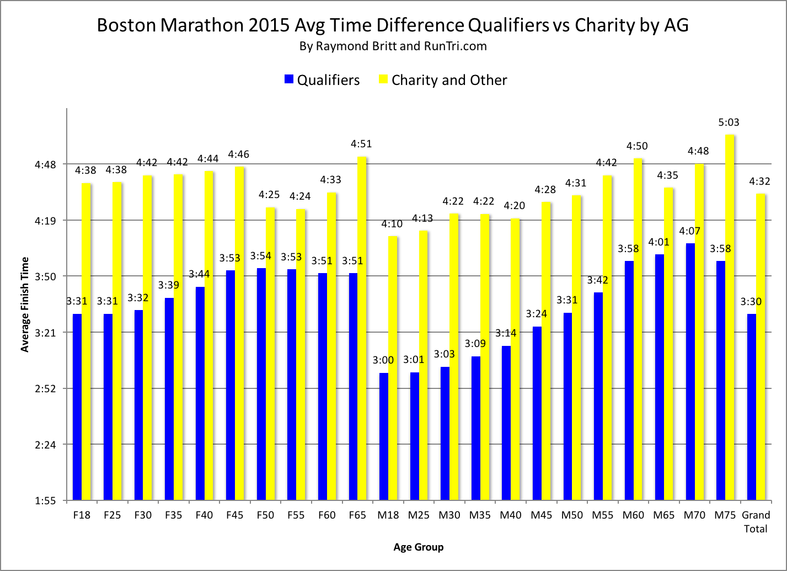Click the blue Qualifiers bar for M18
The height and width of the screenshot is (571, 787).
point(384,436)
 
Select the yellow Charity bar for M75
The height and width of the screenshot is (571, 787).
point(730,317)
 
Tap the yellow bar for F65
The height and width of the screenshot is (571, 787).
point(362,328)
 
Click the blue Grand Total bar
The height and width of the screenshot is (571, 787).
point(751,407)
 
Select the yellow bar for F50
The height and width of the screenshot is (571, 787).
point(270,354)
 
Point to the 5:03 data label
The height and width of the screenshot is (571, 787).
point(729,122)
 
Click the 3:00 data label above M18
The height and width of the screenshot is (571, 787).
point(383,360)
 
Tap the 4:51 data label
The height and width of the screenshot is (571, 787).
point(361,144)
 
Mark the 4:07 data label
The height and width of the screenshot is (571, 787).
point(689,231)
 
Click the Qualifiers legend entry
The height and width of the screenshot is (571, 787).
point(322,80)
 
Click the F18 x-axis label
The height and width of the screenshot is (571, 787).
point(82,515)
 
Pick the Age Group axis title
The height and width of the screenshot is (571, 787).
point(418,547)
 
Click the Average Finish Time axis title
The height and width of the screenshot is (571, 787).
point(24,304)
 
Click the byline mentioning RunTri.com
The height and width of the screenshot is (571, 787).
point(393,46)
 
